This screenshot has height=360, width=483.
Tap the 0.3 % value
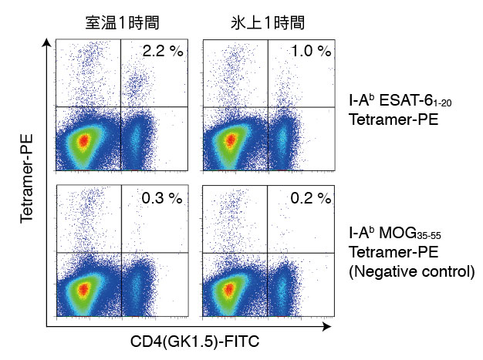[x=161, y=198]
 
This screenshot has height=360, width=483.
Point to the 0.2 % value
[x=311, y=198]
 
